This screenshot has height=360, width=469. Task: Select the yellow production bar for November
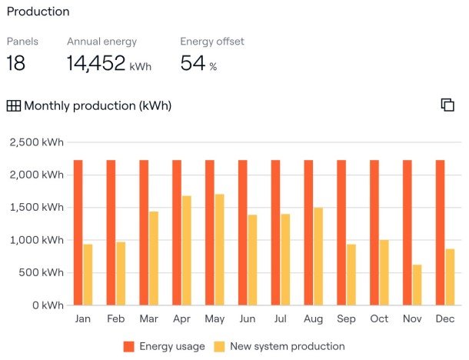coord(417,285)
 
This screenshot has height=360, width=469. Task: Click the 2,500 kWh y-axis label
coord(36,142)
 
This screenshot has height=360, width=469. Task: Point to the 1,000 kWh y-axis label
coord(36,240)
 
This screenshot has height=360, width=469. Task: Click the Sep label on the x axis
coord(346,318)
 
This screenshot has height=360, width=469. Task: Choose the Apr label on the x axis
coord(181,318)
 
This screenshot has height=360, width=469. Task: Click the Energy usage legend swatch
coord(128,347)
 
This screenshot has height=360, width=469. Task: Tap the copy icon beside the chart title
coord(447,105)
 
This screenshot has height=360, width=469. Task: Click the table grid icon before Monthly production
coord(14,106)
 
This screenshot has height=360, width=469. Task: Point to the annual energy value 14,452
coord(96,64)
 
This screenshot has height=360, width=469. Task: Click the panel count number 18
coord(16,64)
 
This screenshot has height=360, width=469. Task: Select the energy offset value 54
coord(193,64)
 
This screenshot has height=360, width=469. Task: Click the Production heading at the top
coord(38,12)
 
